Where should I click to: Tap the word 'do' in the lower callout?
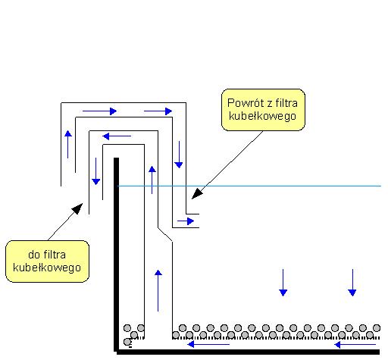click(x=34, y=255)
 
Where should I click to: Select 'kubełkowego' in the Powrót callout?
click(x=262, y=116)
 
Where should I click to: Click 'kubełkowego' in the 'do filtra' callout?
click(x=47, y=268)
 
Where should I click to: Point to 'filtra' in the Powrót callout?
click(x=286, y=103)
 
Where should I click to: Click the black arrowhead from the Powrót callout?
click(x=197, y=193)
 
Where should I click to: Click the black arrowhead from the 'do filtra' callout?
click(x=78, y=208)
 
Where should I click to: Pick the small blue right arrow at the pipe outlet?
click(x=186, y=221)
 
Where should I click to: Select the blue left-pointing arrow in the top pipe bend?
click(x=117, y=136)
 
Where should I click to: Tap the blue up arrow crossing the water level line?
click(x=152, y=180)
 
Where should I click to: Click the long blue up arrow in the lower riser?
click(x=158, y=290)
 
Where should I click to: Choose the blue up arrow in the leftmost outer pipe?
click(x=68, y=144)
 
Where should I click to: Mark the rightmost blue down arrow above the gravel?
click(x=352, y=283)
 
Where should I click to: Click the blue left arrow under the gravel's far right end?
click(x=355, y=344)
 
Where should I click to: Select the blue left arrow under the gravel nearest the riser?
click(x=208, y=344)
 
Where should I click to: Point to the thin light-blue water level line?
click(x=249, y=186)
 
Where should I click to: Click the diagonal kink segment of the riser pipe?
click(x=165, y=234)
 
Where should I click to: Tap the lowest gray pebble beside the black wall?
click(x=127, y=342)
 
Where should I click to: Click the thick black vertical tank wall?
click(x=116, y=255)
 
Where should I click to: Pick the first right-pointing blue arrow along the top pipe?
click(x=99, y=111)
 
